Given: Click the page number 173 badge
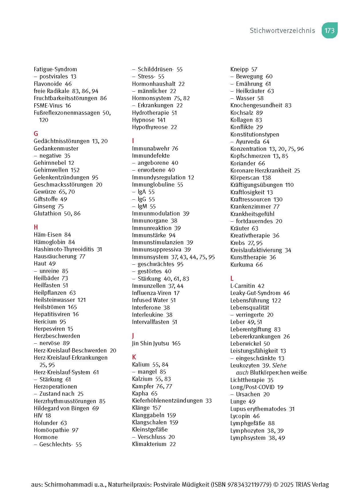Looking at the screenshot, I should coord(329,30).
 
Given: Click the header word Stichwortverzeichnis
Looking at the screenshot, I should coord(282,31).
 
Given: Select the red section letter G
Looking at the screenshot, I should coord(36,134).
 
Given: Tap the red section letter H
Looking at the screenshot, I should coord(36,227).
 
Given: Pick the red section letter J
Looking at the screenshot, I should coord(133,336).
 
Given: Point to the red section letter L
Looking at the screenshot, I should coord(232,278).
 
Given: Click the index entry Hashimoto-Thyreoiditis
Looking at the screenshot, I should coord(64,249).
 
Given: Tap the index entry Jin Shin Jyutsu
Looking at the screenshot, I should coord(150,343).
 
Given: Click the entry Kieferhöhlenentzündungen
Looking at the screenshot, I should coord(167,401).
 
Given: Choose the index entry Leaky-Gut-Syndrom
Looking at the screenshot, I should coord(255,293).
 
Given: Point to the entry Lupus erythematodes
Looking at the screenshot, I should coord(258,409).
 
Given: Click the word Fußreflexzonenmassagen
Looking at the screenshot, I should coord(67,113).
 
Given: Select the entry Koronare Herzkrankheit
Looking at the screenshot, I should coord(261,171).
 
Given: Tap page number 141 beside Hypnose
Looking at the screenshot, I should coord(161,120).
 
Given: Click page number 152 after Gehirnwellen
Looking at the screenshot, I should coord(75,170).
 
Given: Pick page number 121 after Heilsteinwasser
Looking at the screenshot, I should coord(81,300).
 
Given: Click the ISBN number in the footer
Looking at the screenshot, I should coord(249,484).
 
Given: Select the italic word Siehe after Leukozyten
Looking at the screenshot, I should coord(279,365).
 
